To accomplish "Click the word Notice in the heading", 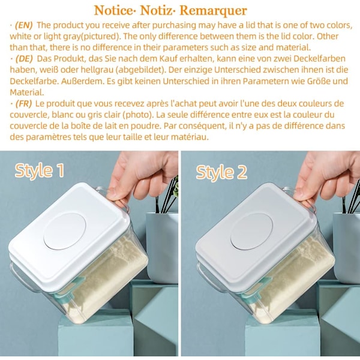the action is click(x=113, y=11).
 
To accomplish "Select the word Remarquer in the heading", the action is click(x=213, y=11).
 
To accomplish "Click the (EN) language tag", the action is click(x=24, y=25).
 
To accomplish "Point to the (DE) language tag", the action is click(x=24, y=59).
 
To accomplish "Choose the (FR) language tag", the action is click(x=23, y=104).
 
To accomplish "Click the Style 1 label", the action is click(x=40, y=170).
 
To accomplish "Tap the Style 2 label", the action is click(x=221, y=172).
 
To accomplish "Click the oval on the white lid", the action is click(x=65, y=231).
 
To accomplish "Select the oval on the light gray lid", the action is click(x=251, y=231).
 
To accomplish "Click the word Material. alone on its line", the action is click(x=27, y=92).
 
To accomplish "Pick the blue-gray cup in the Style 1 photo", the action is click(x=162, y=247).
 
